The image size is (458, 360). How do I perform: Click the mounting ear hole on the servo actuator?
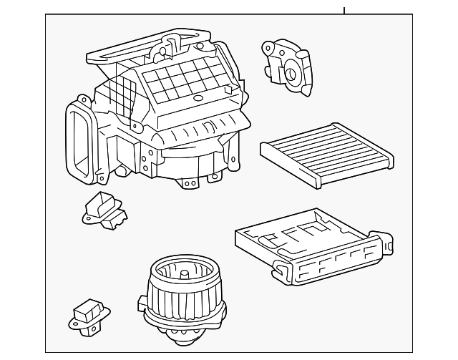[268, 48]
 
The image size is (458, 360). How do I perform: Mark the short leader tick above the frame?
[344, 10]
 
